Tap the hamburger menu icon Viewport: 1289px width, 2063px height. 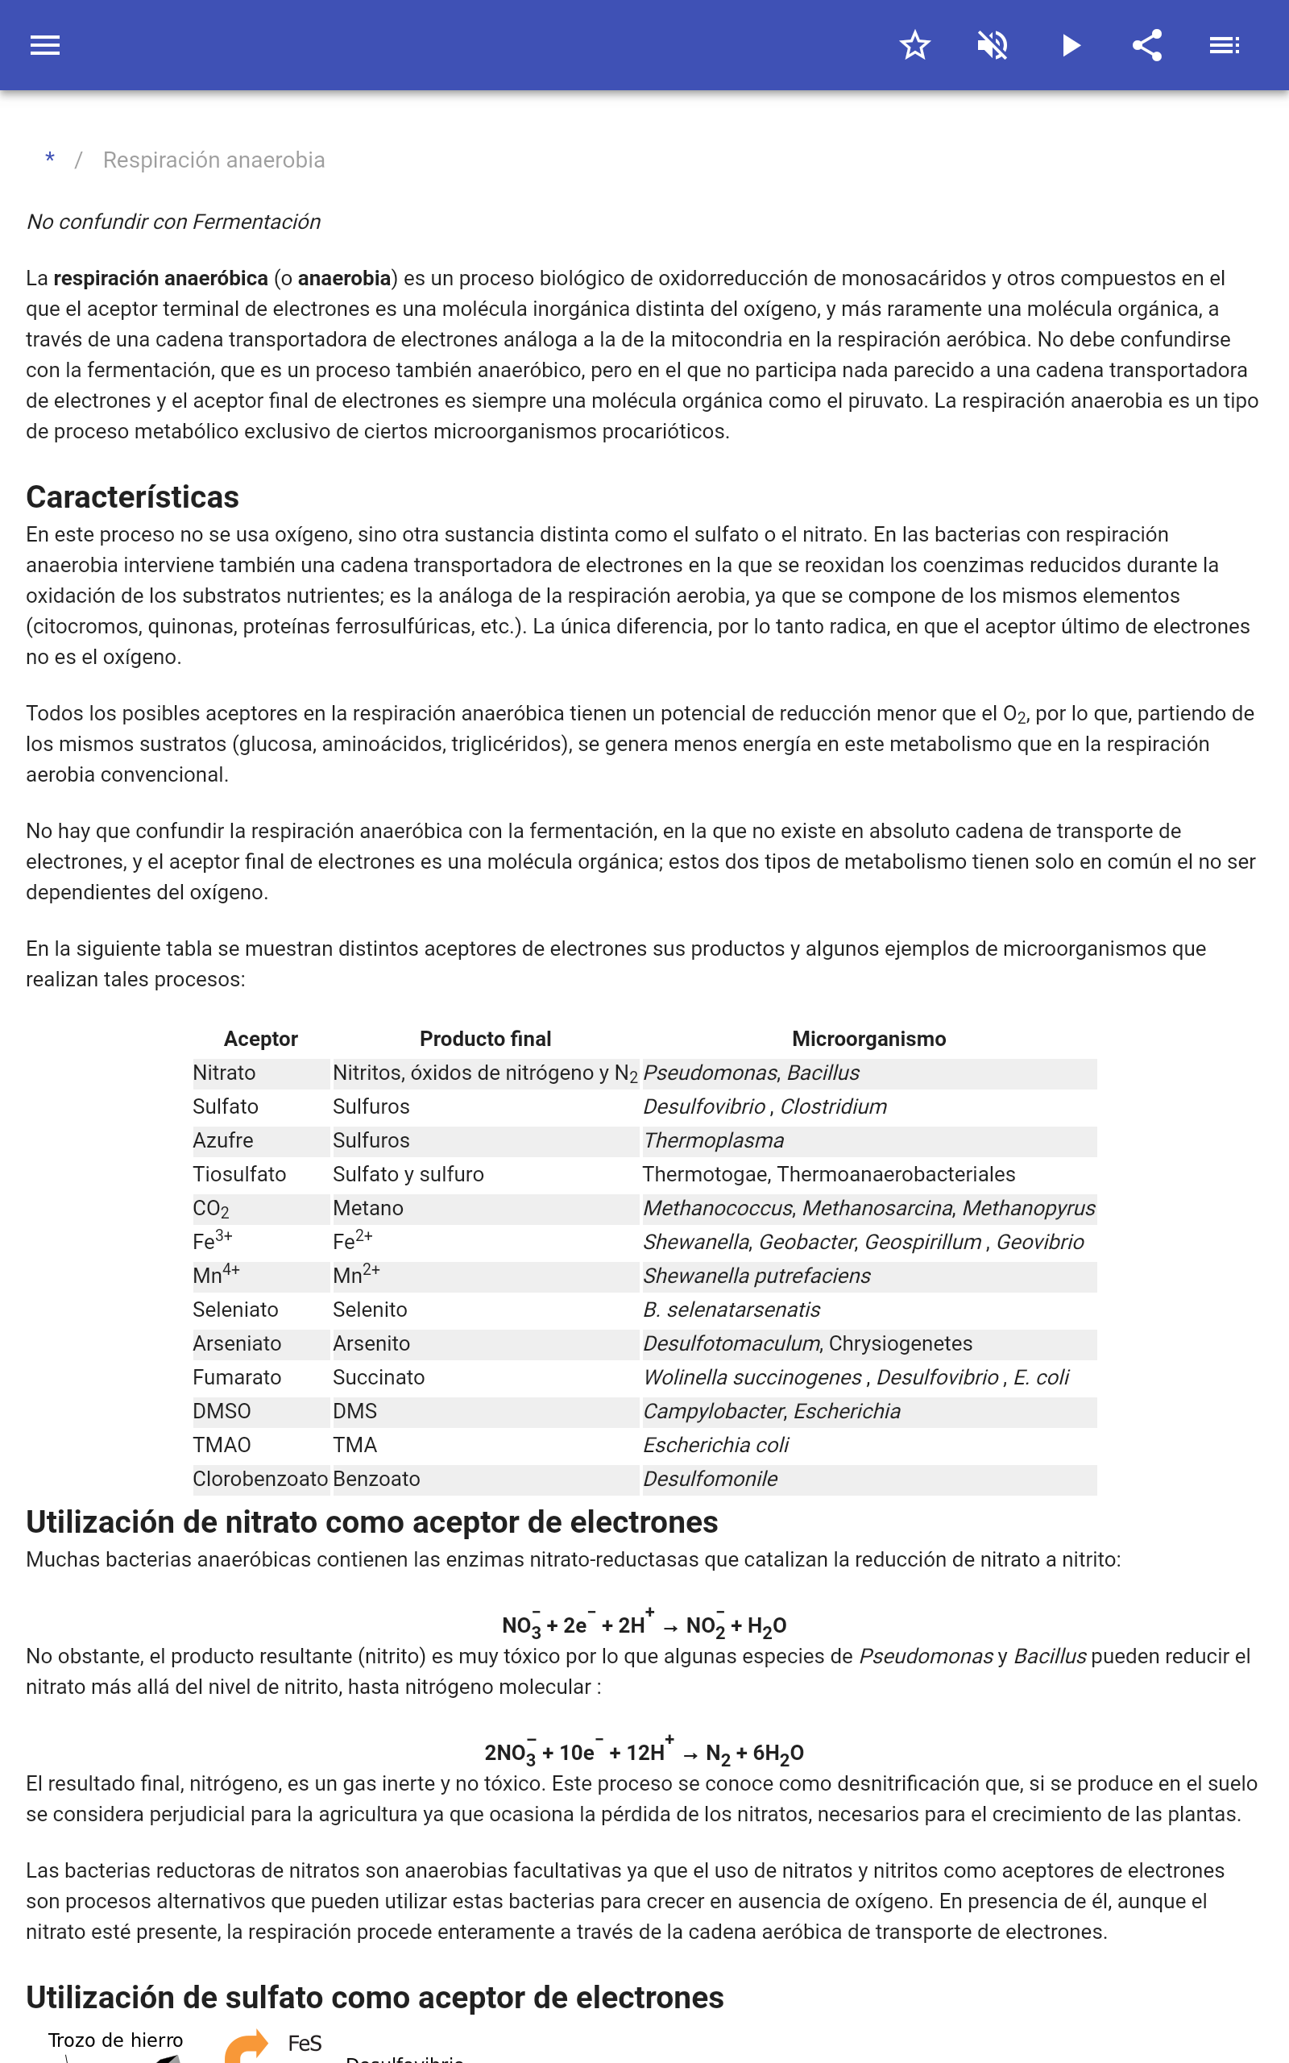[45, 45]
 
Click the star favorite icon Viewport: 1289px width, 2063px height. [914, 45]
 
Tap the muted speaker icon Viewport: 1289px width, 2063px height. [993, 45]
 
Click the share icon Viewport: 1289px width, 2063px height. [1147, 45]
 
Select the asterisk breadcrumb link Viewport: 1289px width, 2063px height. [50, 160]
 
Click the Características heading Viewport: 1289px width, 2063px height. [132, 497]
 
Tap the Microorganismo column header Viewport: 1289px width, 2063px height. [868, 1038]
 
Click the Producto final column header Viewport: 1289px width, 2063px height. [485, 1038]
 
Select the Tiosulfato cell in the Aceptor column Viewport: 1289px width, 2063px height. [239, 1174]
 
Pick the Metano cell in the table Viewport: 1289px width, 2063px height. [368, 1208]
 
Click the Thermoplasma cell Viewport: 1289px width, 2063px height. [714, 1139]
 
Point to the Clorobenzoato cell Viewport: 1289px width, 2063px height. [260, 1478]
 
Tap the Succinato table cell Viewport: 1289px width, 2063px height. [379, 1376]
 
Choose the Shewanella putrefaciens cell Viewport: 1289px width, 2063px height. [757, 1276]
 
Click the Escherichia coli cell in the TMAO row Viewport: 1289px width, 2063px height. [716, 1445]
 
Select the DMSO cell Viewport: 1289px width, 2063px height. [222, 1411]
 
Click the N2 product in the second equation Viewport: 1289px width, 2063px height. [718, 1754]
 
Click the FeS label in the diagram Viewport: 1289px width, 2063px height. [305, 2044]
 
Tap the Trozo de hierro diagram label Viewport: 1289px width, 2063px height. [115, 2040]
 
